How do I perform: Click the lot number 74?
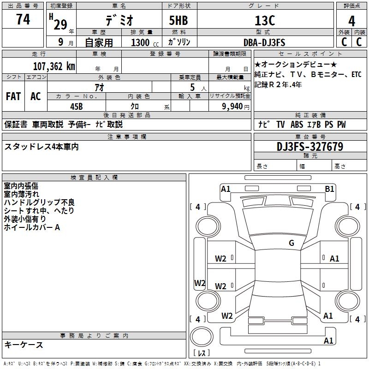(23, 19)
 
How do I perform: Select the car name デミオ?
(119, 20)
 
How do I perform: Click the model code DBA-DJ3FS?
(264, 42)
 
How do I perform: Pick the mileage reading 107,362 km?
(54, 66)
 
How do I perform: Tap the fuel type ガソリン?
(179, 42)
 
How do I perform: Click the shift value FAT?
(13, 96)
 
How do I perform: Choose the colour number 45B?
(76, 106)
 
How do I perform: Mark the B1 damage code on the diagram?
(329, 189)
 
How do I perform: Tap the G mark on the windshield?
(291, 243)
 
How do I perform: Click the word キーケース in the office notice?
(24, 345)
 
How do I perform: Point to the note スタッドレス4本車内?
(42, 147)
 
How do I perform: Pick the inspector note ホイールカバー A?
(32, 227)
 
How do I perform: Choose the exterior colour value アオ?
(99, 87)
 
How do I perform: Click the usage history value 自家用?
(99, 42)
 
